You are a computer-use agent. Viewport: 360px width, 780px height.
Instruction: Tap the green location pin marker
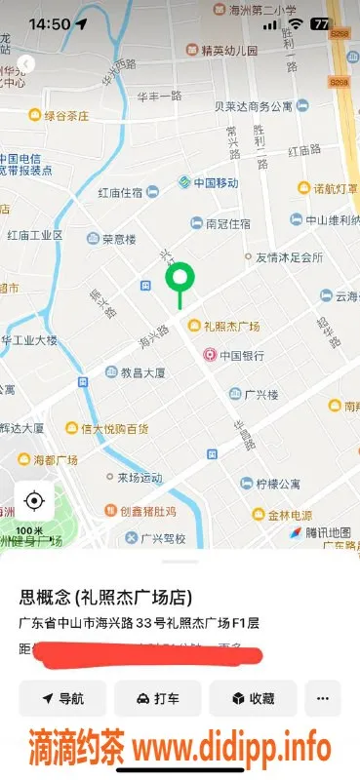click(179, 279)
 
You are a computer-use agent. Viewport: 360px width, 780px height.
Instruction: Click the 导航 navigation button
click(62, 698)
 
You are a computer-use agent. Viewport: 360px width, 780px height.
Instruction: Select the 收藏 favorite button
click(253, 698)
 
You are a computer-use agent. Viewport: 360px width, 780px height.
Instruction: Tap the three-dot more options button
click(323, 698)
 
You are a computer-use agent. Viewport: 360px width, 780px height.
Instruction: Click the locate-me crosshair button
click(34, 501)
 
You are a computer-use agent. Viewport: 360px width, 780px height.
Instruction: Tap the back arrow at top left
click(26, 63)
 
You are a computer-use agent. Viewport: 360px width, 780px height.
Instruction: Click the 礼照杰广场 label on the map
click(231, 326)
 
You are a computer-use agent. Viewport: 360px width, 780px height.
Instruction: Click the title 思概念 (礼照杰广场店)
click(104, 598)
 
